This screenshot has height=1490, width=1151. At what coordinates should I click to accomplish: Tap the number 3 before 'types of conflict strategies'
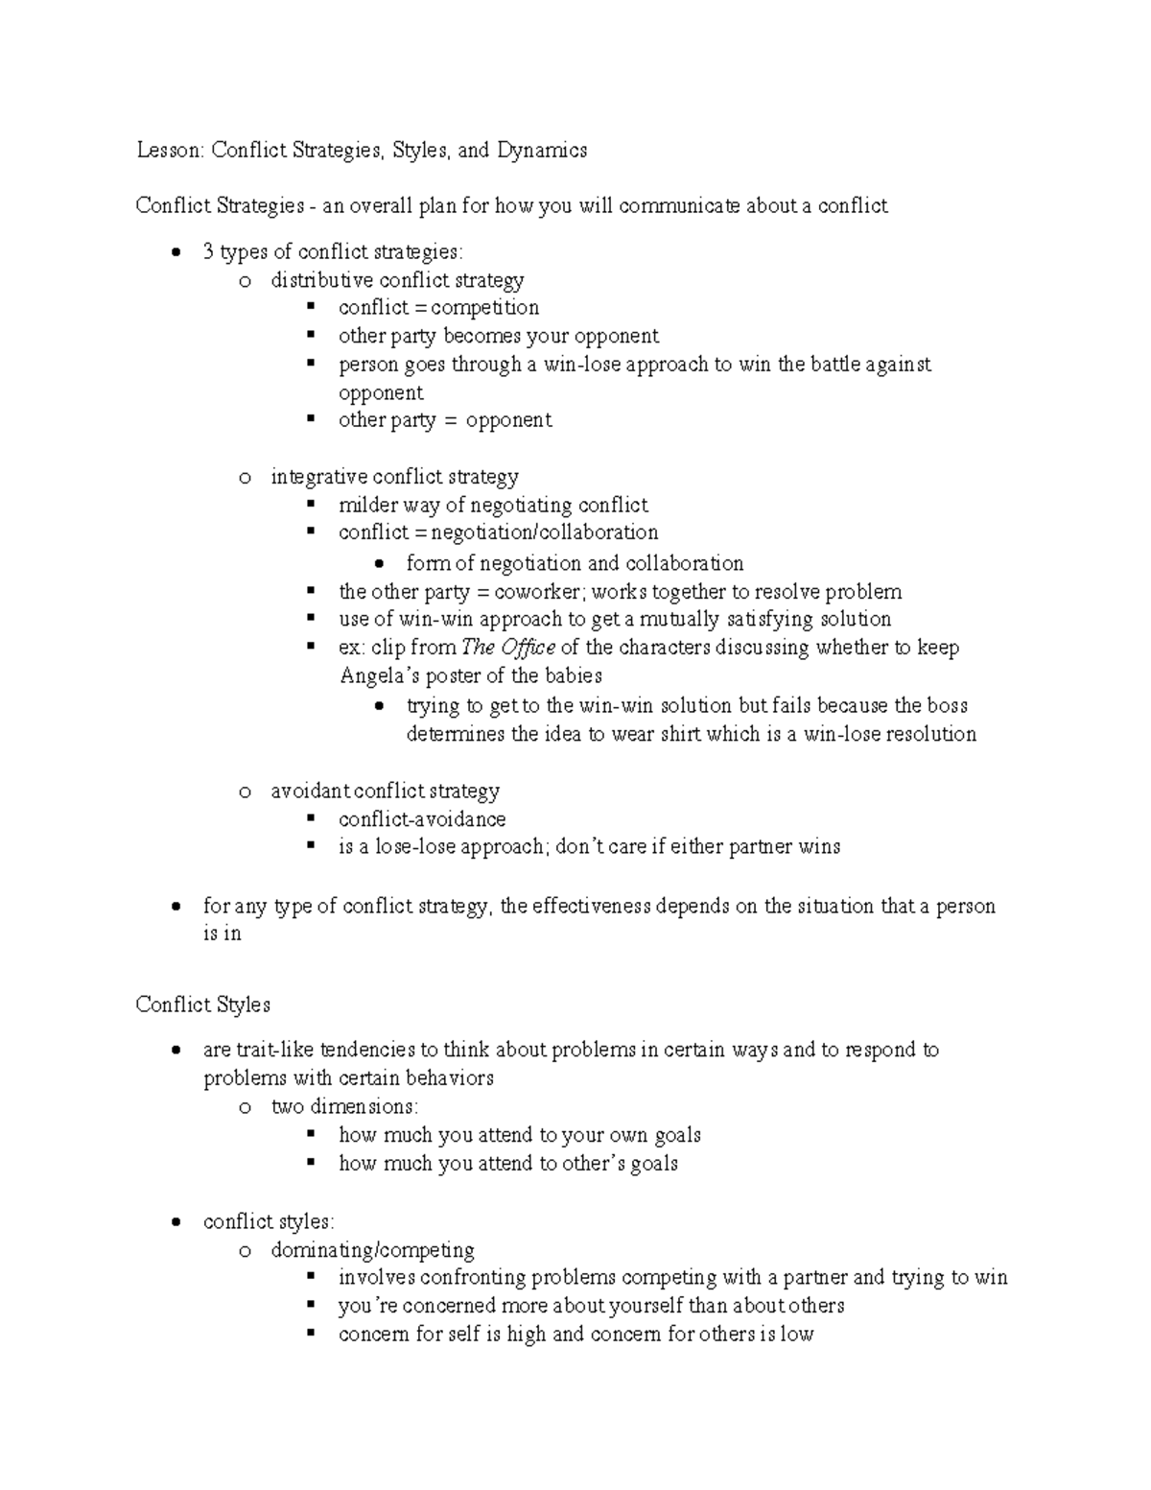(208, 252)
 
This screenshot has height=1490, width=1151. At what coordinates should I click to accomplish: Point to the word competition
(484, 308)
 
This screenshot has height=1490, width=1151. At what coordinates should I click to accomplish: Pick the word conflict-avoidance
(422, 819)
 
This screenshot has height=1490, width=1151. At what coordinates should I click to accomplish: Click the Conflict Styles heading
(202, 1005)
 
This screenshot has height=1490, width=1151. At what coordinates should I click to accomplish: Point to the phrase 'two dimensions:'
(344, 1106)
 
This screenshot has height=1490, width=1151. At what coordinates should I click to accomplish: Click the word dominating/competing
(373, 1250)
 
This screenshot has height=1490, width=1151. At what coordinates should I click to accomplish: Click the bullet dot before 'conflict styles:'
(176, 1222)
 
